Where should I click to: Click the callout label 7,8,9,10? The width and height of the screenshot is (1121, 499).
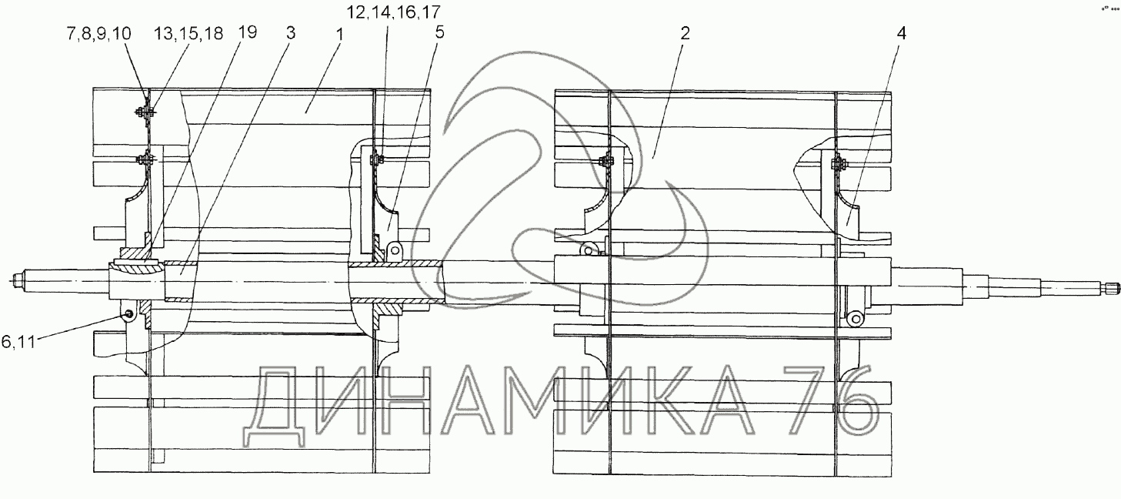pos(98,34)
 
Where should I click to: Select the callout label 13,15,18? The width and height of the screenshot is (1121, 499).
pos(189,34)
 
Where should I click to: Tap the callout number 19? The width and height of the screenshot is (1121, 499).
pos(247,32)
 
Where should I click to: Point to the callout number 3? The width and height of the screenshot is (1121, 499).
pos(291,33)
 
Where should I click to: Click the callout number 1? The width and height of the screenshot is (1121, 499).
pos(340,35)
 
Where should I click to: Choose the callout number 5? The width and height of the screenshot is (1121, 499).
pos(439,32)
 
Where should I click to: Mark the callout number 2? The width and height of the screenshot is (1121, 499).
pos(685,34)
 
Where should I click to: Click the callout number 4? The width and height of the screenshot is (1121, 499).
pos(901,34)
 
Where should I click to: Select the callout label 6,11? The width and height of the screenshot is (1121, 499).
pos(18,342)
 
